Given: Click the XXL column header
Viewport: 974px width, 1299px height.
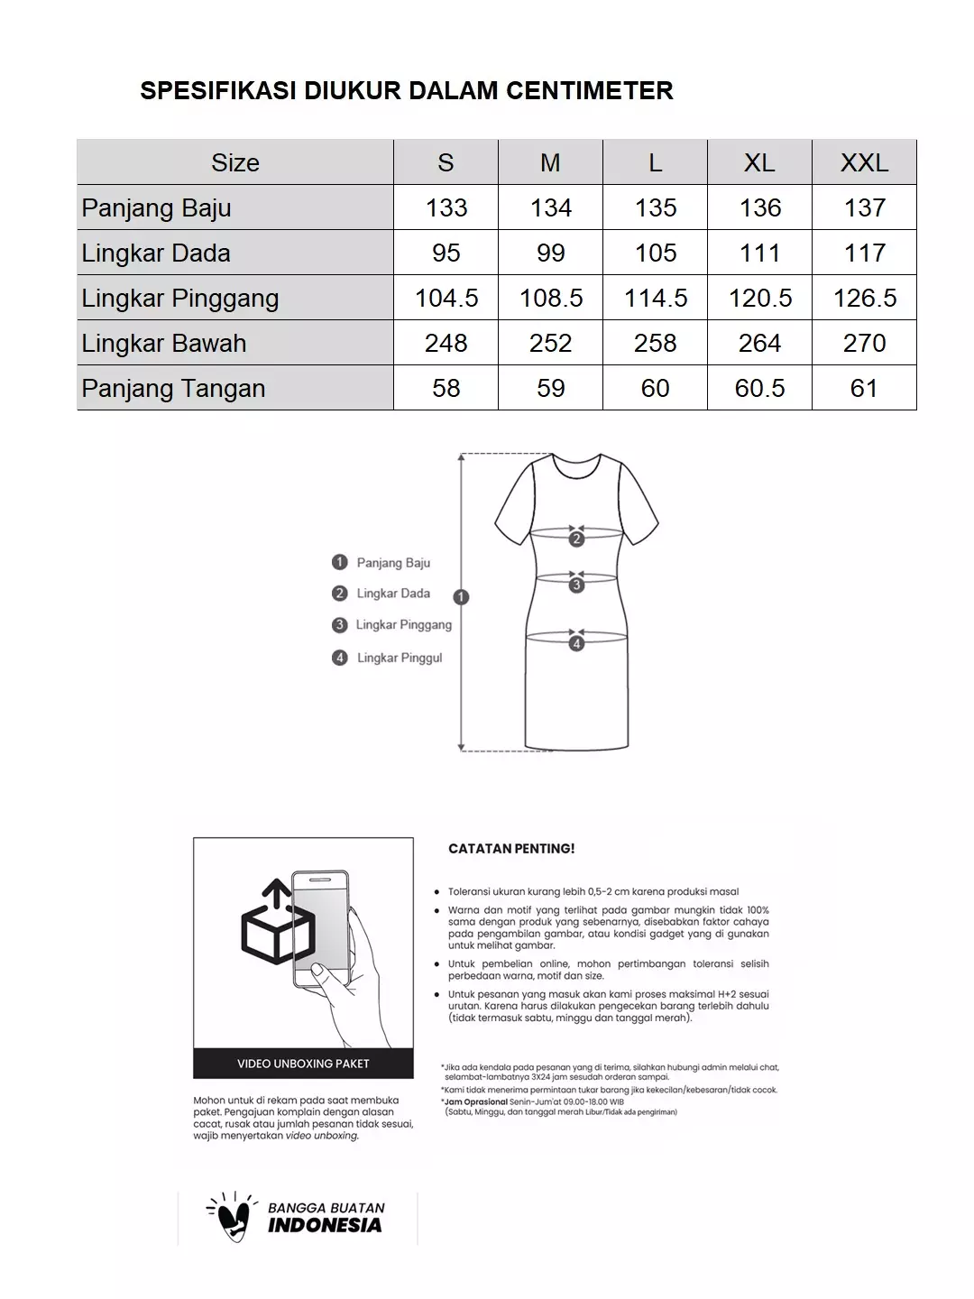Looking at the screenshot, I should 864,162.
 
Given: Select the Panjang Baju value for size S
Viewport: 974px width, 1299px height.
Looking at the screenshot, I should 446,207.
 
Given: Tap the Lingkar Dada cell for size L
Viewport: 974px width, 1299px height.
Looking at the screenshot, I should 656,253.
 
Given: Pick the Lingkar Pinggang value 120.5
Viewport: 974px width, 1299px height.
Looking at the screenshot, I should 760,298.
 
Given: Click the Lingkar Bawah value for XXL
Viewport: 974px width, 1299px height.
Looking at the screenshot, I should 864,343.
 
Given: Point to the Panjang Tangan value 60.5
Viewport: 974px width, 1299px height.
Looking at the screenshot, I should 760,388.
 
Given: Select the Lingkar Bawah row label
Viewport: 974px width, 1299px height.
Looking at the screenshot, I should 164,343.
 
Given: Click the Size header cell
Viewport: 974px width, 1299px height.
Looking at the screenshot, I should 235,162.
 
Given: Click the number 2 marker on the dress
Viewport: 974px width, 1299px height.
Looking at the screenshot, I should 577,539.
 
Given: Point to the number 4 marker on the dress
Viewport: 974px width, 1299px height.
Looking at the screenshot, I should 577,643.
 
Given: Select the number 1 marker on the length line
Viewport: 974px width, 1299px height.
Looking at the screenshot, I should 462,597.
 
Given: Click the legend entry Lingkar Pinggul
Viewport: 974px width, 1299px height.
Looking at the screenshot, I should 400,658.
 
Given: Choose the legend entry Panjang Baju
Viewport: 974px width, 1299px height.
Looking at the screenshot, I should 393,563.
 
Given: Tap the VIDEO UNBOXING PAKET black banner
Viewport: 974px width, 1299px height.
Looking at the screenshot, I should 303,1064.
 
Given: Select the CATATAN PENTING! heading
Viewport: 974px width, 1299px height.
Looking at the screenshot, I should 511,849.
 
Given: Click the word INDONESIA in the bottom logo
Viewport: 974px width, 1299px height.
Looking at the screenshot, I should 325,1225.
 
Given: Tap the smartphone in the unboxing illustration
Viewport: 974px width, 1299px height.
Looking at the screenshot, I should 322,929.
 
